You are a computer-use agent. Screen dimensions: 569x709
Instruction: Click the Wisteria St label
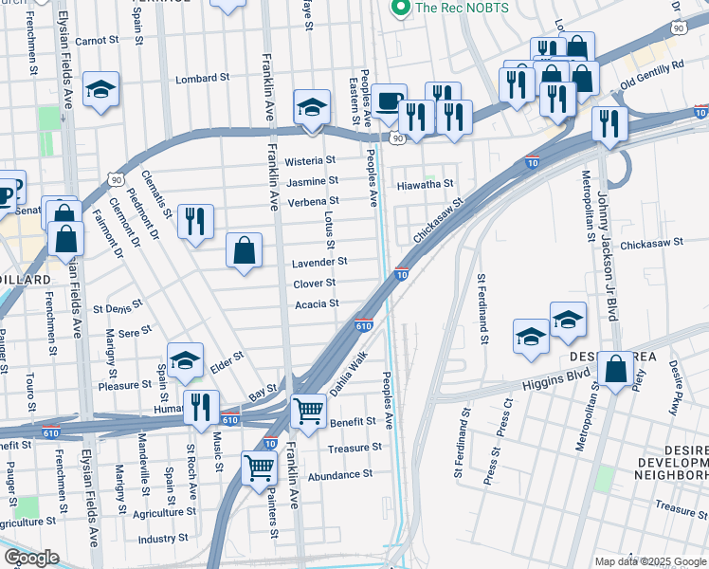click(317, 160)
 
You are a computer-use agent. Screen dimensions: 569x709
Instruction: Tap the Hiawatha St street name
click(426, 184)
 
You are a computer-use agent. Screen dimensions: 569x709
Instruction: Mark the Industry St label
click(157, 539)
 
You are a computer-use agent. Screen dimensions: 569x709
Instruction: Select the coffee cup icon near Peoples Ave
click(388, 101)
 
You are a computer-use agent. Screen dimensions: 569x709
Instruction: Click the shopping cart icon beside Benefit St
click(308, 410)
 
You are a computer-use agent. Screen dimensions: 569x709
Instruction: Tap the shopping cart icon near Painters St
click(259, 466)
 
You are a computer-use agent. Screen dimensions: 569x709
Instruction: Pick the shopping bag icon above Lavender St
click(245, 250)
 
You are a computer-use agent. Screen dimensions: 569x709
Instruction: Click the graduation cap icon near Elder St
click(186, 358)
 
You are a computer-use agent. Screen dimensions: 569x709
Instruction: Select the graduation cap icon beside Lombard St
click(100, 88)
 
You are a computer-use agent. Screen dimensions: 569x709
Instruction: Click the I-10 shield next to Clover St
click(402, 274)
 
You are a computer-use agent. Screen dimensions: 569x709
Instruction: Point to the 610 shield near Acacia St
click(364, 325)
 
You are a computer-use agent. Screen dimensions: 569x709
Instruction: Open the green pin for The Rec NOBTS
click(400, 9)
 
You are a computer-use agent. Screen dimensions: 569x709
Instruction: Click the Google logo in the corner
click(30, 558)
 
